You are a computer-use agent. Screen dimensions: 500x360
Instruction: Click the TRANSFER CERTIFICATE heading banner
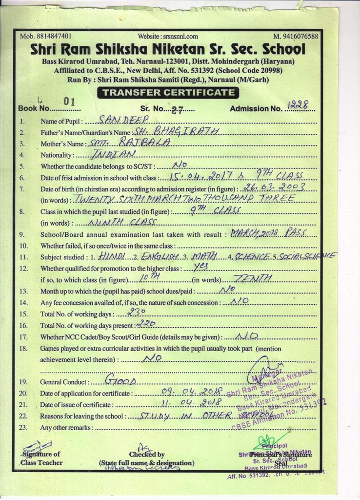[x=168, y=92]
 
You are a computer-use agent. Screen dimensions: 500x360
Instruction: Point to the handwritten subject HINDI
[x=112, y=255]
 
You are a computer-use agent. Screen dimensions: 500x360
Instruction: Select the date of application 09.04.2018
[x=191, y=392]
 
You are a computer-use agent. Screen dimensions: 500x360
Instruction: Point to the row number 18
[x=23, y=349]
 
